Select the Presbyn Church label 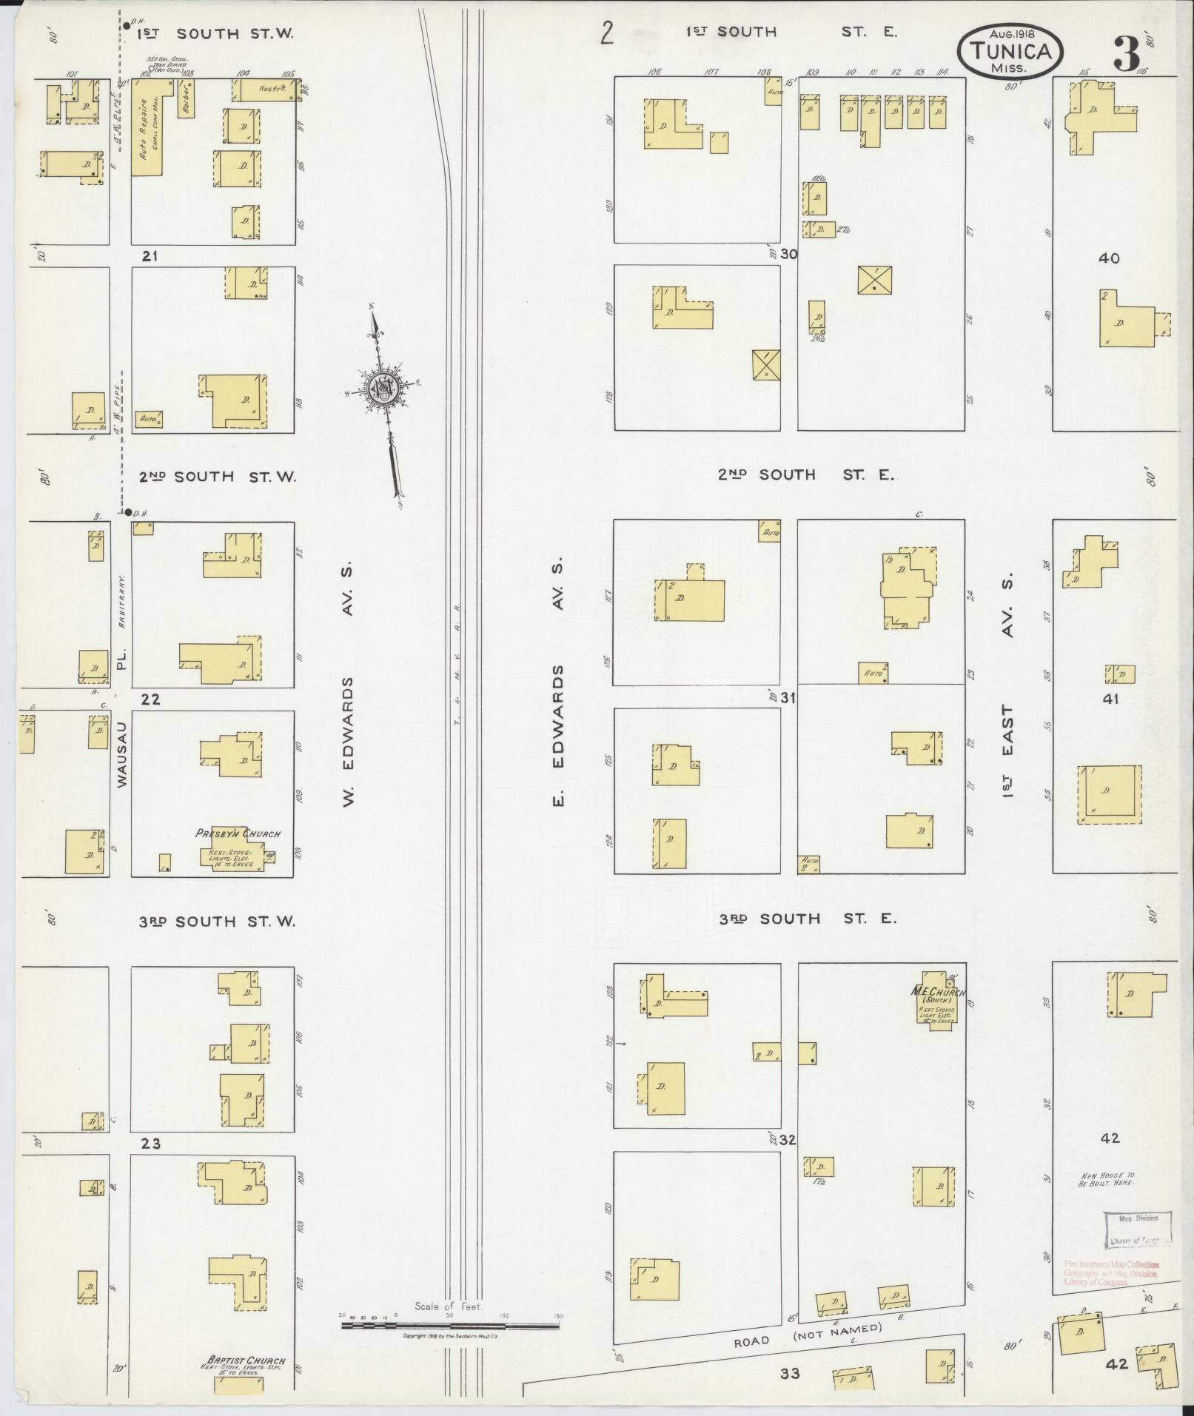point(238,833)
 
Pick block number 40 point(1109,258)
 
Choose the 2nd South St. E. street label point(806,474)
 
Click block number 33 point(791,1374)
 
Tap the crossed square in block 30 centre point(874,280)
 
